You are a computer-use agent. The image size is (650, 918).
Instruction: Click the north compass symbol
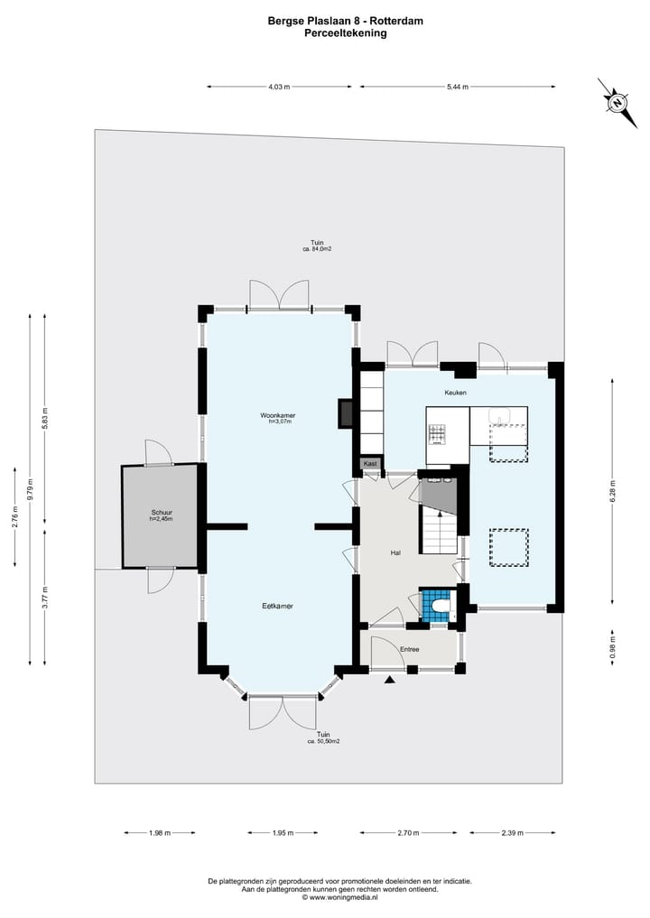617,103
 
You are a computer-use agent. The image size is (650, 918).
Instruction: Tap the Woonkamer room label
277,415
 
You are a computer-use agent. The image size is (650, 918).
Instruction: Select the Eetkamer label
277,606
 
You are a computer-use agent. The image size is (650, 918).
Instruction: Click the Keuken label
455,393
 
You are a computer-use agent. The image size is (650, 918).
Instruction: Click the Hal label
395,552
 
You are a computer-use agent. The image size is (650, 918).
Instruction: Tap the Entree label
409,649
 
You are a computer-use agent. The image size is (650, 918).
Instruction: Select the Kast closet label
370,464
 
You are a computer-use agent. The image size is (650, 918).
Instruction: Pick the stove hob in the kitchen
436,433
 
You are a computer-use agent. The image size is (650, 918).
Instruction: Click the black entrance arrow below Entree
389,680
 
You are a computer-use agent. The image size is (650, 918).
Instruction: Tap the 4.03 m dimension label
279,87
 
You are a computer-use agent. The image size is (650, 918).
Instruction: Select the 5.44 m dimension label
458,87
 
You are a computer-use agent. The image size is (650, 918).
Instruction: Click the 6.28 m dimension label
613,491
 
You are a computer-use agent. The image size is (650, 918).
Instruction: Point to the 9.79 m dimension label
31,489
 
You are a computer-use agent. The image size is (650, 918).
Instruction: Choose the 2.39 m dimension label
513,832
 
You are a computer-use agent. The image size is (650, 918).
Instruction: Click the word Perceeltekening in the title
346,32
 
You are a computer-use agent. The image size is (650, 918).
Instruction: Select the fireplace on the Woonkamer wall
345,413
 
